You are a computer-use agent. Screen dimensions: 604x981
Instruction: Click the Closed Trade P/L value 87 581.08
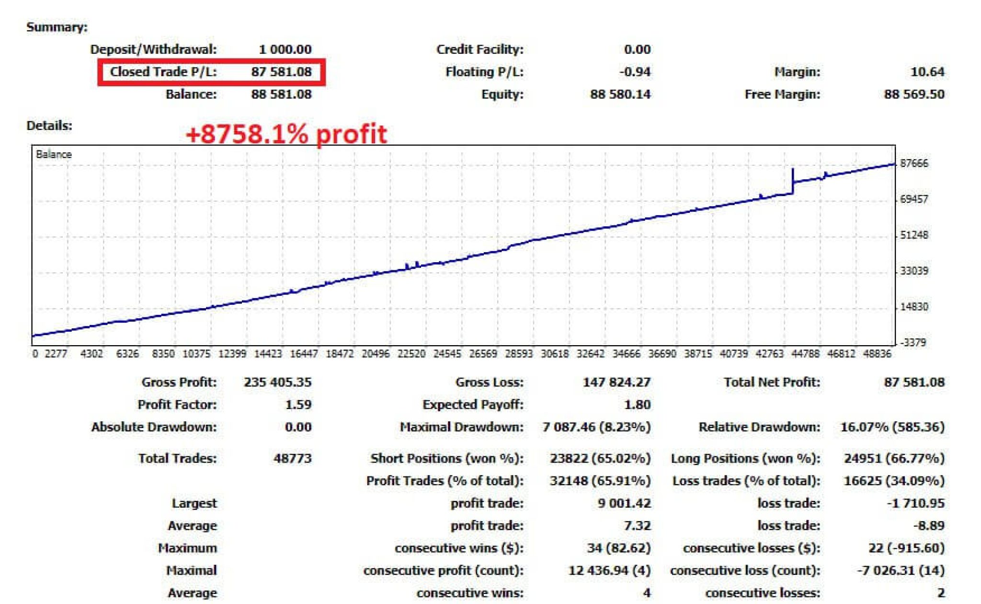tap(281, 72)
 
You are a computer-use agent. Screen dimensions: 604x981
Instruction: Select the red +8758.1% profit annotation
tap(286, 134)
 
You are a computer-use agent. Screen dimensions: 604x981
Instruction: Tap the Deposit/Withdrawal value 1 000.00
tap(285, 49)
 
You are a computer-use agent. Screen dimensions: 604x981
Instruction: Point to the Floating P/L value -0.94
tap(635, 72)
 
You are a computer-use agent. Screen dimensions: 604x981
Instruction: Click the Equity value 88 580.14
tap(620, 94)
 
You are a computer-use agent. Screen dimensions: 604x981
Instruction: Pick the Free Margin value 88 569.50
tap(914, 94)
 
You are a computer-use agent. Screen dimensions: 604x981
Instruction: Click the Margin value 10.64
tap(927, 72)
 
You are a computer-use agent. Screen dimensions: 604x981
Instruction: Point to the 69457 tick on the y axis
tap(914, 199)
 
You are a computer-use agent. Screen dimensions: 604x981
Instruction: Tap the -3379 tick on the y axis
tap(914, 342)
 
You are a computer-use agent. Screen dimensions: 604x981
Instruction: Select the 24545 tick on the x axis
tap(447, 354)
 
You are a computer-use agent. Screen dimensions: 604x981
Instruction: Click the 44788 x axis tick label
tap(805, 354)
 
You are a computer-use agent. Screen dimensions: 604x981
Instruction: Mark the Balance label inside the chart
tap(54, 154)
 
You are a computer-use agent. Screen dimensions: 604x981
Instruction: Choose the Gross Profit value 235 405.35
tap(277, 382)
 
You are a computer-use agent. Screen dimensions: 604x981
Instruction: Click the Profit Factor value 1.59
tap(298, 405)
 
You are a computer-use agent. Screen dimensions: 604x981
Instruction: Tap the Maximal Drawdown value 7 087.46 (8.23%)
tap(596, 427)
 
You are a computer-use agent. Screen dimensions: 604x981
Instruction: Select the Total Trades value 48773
tap(292, 458)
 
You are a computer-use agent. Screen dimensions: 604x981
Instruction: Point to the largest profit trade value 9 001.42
tap(624, 503)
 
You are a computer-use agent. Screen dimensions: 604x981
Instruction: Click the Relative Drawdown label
tap(759, 427)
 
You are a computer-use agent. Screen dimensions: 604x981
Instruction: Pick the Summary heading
tap(57, 27)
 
